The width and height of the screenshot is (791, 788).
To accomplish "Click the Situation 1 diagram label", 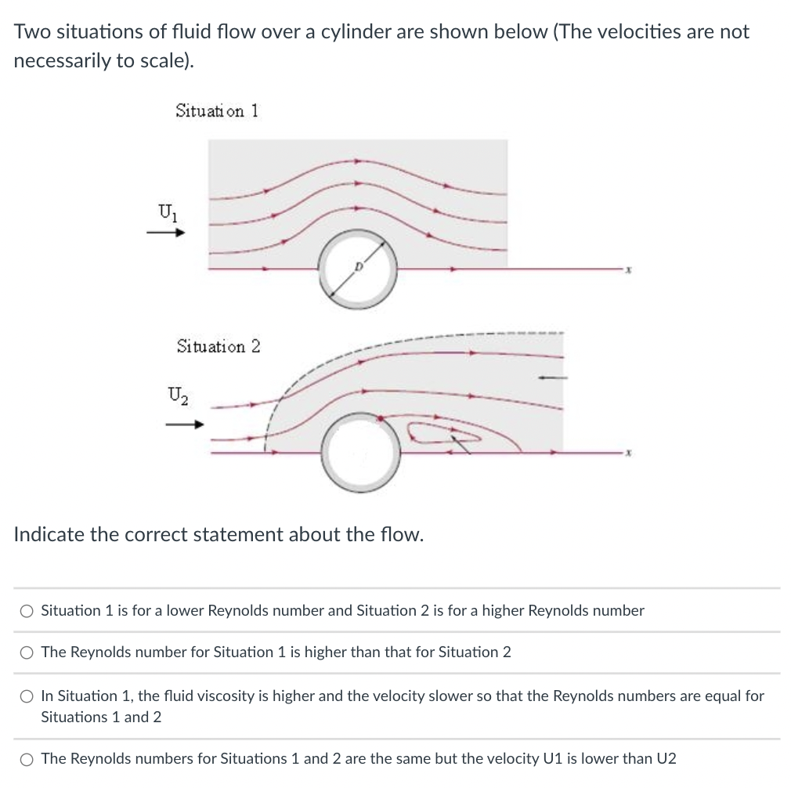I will [x=217, y=110].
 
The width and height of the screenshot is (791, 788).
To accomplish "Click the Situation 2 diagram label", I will [x=219, y=345].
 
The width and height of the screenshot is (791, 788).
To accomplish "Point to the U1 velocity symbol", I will [x=167, y=210].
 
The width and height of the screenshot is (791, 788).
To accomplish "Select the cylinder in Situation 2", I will [x=361, y=452].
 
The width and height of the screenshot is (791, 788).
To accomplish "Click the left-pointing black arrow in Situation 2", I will [x=551, y=378].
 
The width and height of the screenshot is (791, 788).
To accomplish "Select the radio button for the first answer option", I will [x=27, y=611].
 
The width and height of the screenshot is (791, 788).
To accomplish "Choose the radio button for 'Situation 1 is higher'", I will [x=27, y=652].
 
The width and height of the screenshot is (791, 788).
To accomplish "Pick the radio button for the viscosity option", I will [x=27, y=696].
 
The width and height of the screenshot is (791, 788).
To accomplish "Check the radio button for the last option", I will [x=27, y=759].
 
